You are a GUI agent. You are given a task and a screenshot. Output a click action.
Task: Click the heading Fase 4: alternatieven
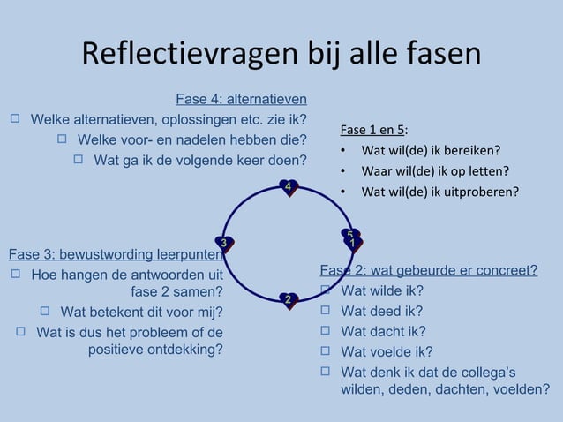[241, 99]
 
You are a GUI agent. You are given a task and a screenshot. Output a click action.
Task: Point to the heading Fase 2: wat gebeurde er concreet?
[428, 270]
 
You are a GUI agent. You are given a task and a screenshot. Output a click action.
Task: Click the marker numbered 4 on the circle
[289, 186]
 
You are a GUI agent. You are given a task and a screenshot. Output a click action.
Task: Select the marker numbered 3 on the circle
[225, 243]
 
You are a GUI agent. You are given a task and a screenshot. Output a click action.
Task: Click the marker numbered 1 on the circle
[352, 243]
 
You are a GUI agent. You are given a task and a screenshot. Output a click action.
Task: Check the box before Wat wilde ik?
[325, 290]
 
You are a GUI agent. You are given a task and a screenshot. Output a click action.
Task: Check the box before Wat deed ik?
[325, 311]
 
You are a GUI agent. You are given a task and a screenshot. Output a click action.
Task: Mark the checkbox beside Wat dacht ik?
[325, 331]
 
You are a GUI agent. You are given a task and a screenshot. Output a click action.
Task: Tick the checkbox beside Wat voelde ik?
[325, 351]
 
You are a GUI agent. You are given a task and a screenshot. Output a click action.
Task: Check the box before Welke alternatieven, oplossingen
[15, 118]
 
